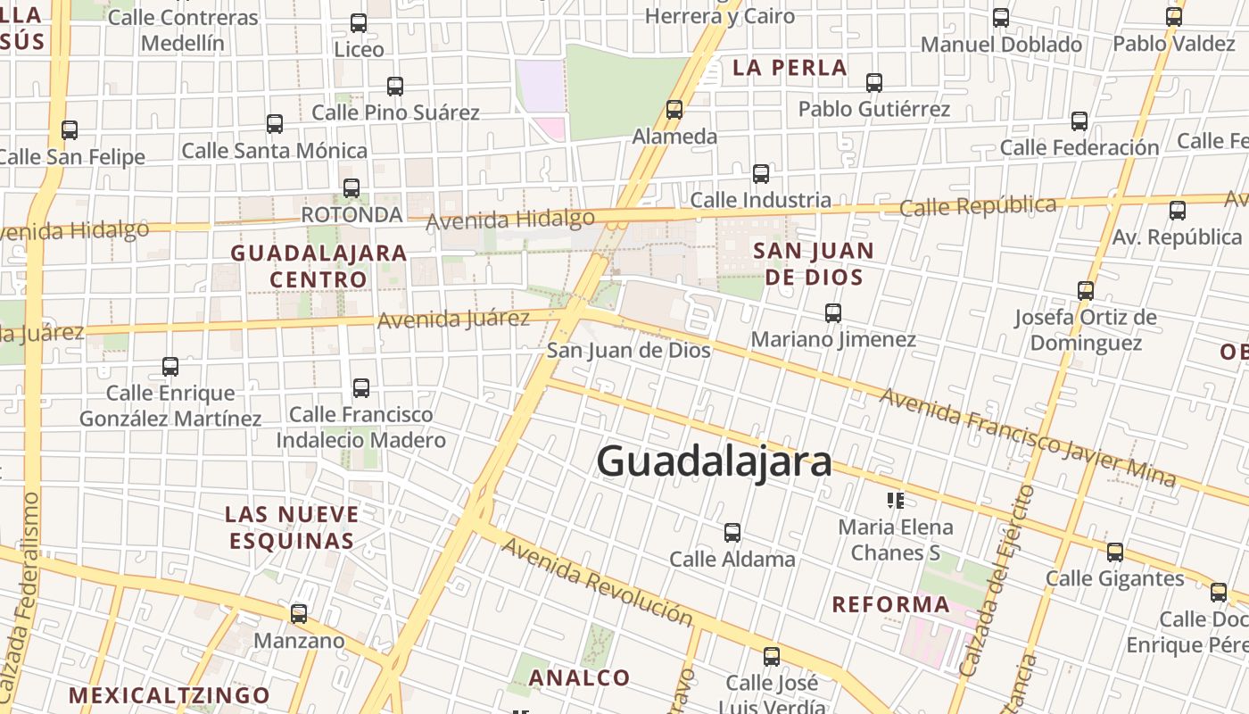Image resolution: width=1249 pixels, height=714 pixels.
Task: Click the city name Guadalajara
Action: tap(714, 461)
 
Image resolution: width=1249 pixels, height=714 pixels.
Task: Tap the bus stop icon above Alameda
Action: tap(674, 110)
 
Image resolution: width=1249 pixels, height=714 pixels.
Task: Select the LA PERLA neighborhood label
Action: tap(789, 68)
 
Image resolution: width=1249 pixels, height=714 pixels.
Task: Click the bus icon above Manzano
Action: tap(299, 614)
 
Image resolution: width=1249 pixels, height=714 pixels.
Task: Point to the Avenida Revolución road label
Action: tap(596, 581)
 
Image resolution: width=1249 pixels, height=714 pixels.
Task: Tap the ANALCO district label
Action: tap(580, 677)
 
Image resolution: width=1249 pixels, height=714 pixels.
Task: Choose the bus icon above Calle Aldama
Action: tap(732, 533)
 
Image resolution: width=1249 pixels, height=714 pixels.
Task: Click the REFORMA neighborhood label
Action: tap(890, 604)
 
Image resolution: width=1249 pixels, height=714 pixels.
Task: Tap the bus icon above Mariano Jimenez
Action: tap(833, 313)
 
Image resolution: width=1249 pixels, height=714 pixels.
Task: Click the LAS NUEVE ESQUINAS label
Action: tap(292, 527)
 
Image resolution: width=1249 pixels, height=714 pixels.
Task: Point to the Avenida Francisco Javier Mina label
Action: tap(1028, 437)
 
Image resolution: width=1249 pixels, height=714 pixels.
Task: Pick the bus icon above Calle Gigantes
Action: tap(1115, 552)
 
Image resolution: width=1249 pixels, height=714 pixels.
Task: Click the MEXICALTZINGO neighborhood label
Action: tap(170, 694)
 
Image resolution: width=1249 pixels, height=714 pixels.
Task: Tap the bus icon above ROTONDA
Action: tap(352, 188)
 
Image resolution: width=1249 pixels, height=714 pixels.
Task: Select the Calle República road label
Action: tap(978, 206)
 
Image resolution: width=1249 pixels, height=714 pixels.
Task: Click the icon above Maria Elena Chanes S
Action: tap(896, 501)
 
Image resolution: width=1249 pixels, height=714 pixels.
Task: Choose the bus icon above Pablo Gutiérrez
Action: tap(874, 83)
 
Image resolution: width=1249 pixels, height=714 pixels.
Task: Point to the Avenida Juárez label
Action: tap(453, 319)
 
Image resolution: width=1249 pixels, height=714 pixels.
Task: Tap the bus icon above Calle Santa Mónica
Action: tap(275, 125)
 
